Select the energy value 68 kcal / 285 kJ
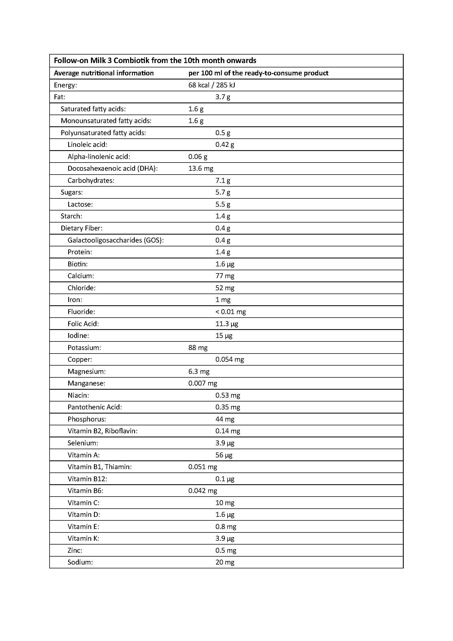click(211, 85)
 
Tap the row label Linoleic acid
click(87, 144)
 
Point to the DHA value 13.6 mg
click(200, 168)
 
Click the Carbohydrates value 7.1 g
click(223, 180)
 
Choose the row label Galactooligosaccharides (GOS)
click(116, 240)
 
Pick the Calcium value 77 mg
click(225, 276)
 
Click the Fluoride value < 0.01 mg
click(230, 312)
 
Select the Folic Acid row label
click(83, 324)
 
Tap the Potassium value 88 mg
click(198, 347)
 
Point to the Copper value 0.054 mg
click(229, 359)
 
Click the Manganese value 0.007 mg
click(202, 383)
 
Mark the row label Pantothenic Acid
click(94, 407)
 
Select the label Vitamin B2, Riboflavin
click(102, 431)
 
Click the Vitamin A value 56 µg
click(224, 455)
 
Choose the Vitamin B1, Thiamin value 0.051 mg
click(202, 467)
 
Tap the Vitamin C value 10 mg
click(225, 503)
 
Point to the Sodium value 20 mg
click(225, 562)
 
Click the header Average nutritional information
click(104, 73)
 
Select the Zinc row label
click(75, 550)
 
